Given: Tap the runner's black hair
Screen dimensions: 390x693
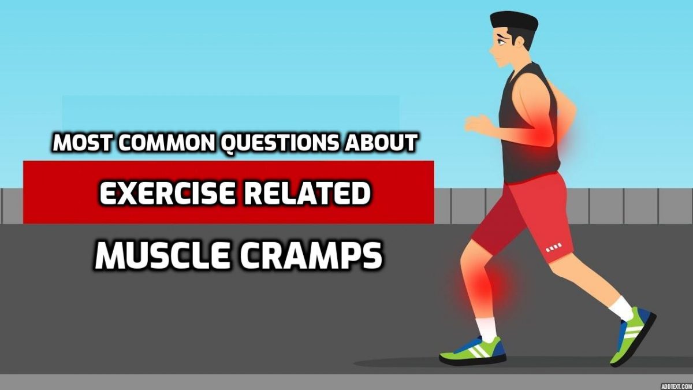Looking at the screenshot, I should click(x=514, y=22).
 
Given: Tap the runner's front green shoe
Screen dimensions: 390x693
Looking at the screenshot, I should click(x=474, y=349).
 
